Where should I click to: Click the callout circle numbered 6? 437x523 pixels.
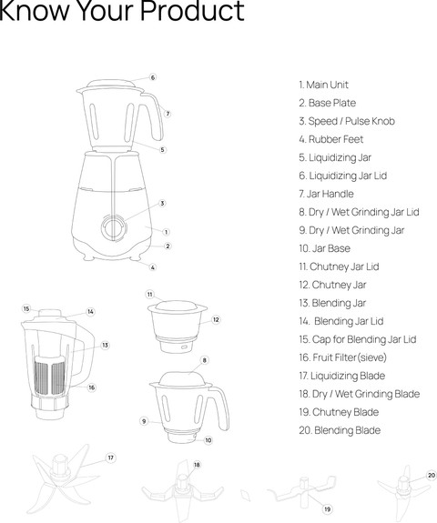click(x=153, y=77)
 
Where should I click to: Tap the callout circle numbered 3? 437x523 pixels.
click(x=162, y=203)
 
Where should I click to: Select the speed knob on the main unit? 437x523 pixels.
click(x=114, y=228)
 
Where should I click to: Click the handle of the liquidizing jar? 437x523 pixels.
click(x=154, y=116)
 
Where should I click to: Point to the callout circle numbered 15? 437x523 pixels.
click(x=26, y=309)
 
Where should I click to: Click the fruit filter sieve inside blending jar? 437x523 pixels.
click(x=50, y=376)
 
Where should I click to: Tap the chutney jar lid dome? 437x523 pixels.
click(x=177, y=307)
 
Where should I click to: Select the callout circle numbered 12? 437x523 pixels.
click(x=216, y=319)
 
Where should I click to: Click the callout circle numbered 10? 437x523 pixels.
click(x=208, y=440)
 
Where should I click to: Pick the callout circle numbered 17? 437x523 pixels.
click(x=111, y=458)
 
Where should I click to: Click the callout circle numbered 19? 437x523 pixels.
click(x=327, y=509)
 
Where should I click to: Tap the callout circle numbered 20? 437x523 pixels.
click(x=432, y=476)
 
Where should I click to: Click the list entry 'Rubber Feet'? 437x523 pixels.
click(x=330, y=139)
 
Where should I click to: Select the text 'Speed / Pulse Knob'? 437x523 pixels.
click(x=347, y=121)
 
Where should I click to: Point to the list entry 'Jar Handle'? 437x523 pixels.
click(x=326, y=194)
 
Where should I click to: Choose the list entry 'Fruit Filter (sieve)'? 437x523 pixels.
click(x=342, y=357)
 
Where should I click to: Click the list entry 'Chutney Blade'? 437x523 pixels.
click(x=339, y=412)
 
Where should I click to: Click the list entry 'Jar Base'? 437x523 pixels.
click(x=324, y=248)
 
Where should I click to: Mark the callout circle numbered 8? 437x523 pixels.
click(x=204, y=360)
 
